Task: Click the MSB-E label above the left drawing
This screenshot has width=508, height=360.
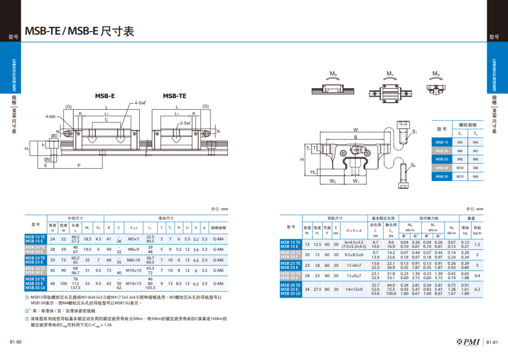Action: pos(105,96)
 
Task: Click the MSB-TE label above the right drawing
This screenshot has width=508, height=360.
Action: pos(175,96)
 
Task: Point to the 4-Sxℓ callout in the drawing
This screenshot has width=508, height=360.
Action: pos(140,103)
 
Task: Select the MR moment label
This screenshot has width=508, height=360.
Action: pos(436,75)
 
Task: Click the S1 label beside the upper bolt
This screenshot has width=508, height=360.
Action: pos(415,131)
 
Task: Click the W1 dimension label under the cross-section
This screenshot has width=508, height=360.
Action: pos(356,181)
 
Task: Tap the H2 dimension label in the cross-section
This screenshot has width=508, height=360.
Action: pos(313,172)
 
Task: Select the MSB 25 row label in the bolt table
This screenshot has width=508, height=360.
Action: pos(442,159)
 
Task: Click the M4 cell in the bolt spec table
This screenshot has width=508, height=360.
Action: pos(475,142)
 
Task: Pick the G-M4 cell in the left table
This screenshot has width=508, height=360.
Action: pos(218,239)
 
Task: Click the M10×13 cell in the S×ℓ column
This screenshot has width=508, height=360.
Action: pos(133,284)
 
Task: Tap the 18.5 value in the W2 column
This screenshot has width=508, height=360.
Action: pos(87,239)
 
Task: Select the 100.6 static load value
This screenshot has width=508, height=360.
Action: pos(391,294)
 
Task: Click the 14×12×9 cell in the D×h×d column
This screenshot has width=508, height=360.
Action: pos(355,289)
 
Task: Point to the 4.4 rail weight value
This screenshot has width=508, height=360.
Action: pos(477,275)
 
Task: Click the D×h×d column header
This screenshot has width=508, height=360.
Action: pos(355,230)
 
